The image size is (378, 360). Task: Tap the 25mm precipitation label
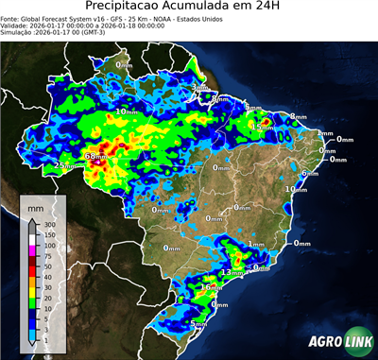coord(64,165)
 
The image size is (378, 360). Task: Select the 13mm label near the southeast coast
coord(229,272)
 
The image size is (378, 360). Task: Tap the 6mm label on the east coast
coord(308,174)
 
